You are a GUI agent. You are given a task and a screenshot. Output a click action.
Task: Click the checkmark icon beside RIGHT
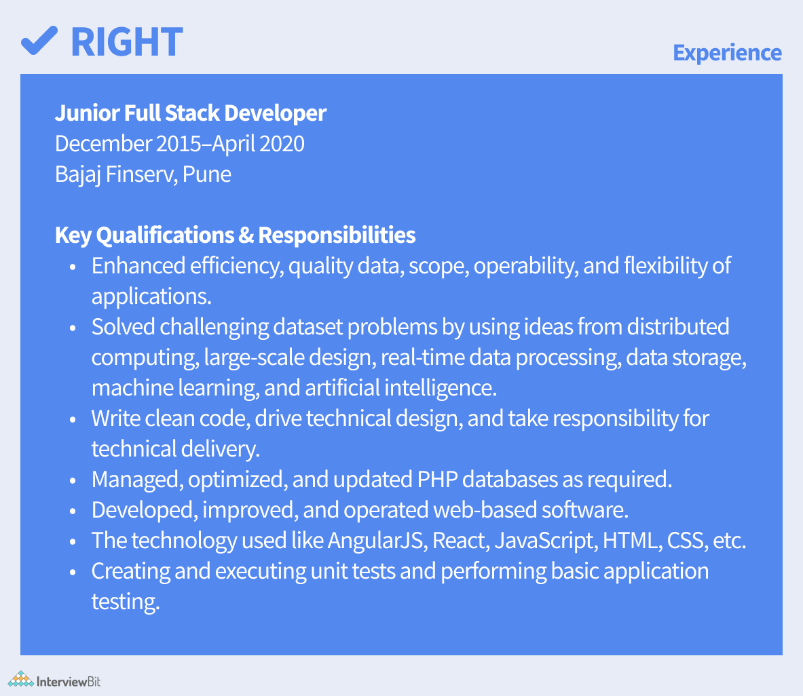click(x=39, y=41)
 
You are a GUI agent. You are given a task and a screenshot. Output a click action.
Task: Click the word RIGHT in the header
click(x=127, y=42)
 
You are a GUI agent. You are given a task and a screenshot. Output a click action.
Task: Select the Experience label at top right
click(x=727, y=53)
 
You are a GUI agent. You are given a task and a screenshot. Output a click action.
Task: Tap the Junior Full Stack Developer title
click(x=191, y=113)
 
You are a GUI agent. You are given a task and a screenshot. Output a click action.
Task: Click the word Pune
click(x=207, y=174)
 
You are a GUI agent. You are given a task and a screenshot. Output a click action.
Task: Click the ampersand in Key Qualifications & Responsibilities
click(x=246, y=235)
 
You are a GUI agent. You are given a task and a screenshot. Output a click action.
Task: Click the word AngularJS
click(x=377, y=541)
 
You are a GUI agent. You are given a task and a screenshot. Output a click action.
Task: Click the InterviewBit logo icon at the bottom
click(x=20, y=679)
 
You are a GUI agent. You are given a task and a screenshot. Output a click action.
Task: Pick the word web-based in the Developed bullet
click(x=485, y=510)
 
